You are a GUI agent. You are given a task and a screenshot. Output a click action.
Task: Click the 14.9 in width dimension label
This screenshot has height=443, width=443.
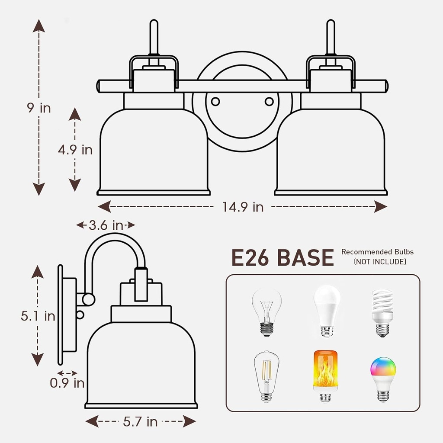pos(243,207)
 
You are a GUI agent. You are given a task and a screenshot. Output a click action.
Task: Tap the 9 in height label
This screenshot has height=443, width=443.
pos(39,108)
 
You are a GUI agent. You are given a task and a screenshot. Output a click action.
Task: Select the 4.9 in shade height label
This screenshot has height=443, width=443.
pos(75,149)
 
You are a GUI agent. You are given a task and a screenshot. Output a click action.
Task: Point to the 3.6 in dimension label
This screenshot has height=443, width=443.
pos(106,225)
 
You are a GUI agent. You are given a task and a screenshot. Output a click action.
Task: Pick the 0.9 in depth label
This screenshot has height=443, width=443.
pos(67,383)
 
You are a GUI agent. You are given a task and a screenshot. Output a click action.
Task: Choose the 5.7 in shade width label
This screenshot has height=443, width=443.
pos(140,422)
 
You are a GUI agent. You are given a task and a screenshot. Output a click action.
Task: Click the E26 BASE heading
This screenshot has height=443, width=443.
pos(282,257)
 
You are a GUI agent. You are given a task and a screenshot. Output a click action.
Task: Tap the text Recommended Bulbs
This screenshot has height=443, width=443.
pos(377,252)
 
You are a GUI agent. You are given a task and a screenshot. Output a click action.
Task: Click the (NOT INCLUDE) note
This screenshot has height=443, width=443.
pos(380,262)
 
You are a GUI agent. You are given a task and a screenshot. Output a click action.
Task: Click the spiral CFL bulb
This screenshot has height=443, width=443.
pos(382,313)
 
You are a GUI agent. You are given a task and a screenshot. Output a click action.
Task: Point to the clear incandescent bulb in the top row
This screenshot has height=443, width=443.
pos(266,311)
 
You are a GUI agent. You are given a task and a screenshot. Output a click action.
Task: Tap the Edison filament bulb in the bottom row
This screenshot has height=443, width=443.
pos(266,376)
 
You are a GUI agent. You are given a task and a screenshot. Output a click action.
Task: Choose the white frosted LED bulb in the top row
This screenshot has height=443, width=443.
pos(327,311)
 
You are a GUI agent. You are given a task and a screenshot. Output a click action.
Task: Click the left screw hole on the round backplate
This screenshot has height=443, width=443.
pos(215,101)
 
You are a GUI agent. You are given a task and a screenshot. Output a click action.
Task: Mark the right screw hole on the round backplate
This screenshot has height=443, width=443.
pos(269,101)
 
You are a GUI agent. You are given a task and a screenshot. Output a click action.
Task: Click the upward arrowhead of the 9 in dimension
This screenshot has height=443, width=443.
pos(39,26)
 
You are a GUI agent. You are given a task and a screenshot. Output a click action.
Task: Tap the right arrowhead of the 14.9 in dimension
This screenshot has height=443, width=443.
pos(381,206)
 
